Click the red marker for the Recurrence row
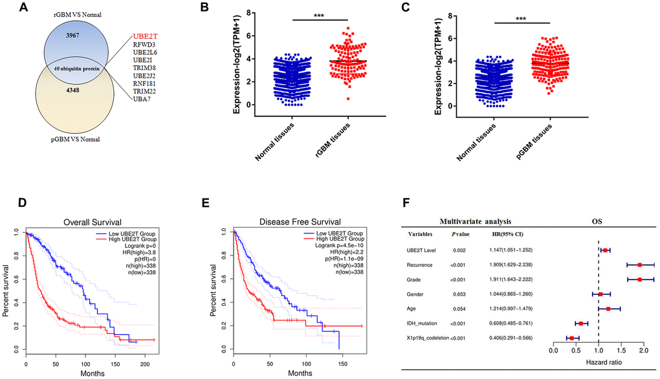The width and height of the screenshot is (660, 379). pyautogui.click(x=640, y=265)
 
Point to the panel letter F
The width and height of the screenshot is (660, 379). pyautogui.click(x=406, y=202)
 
